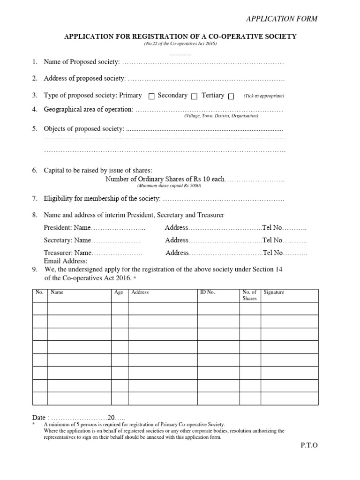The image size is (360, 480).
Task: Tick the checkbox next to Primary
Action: click(151, 97)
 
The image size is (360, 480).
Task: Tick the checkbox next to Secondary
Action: click(194, 97)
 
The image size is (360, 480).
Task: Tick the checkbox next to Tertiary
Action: click(231, 97)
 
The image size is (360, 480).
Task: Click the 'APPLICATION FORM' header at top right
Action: click(282, 19)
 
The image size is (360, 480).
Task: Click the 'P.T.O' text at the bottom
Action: click(309, 445)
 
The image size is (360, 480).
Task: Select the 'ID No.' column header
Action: click(208, 292)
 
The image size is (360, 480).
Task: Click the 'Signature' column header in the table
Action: click(274, 292)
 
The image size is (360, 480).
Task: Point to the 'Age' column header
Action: click(119, 292)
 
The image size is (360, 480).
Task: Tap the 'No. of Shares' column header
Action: click(249, 295)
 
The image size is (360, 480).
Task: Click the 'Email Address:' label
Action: click(66, 261)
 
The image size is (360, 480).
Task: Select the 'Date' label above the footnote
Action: click(39, 417)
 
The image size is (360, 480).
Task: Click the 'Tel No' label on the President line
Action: click(273, 227)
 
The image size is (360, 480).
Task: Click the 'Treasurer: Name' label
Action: click(67, 253)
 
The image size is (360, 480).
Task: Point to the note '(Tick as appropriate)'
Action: click(263, 96)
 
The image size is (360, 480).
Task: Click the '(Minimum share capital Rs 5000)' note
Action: click(169, 186)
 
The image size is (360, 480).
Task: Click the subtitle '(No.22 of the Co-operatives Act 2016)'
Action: click(180, 44)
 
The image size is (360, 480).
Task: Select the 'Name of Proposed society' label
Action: click(82, 62)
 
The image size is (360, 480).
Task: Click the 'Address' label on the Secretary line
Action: click(177, 240)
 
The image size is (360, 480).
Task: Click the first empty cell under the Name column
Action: click(79, 308)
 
